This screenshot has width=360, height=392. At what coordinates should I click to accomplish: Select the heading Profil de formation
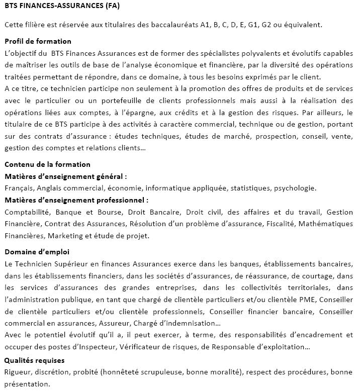[x=38, y=41]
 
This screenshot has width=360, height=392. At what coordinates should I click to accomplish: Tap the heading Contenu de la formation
[x=47, y=164]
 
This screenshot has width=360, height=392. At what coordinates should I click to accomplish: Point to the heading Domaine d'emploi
[x=37, y=251]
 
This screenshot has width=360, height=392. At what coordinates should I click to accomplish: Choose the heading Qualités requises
[x=34, y=360]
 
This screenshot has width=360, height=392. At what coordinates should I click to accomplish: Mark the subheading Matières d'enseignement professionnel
[x=74, y=200]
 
